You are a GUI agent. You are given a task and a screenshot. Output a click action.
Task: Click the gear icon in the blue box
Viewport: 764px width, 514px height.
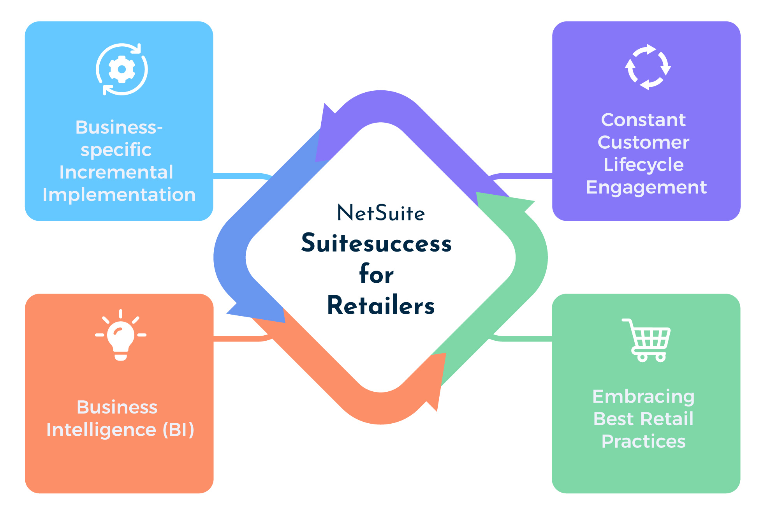pos(122,69)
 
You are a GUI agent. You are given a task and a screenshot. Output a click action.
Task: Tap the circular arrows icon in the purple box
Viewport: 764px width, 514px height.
pos(648,67)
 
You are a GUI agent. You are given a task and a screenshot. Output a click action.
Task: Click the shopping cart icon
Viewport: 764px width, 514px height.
pos(647,340)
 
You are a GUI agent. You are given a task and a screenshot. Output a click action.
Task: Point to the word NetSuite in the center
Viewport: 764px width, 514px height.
pos(381,213)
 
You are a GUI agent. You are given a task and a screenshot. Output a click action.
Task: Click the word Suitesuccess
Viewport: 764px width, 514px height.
pos(376,243)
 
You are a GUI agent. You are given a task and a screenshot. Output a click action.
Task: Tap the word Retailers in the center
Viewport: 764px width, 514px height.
pos(381,305)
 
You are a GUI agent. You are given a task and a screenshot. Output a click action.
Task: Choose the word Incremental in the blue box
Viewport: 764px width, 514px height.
pos(116,172)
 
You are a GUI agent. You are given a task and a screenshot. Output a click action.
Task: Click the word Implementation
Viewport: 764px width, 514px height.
pos(119,195)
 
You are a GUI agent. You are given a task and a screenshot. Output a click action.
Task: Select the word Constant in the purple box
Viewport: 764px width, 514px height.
pos(643,120)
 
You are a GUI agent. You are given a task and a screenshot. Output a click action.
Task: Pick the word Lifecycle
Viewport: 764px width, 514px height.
pos(643,165)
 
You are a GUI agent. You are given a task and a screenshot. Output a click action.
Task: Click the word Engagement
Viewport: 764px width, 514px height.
pos(646,187)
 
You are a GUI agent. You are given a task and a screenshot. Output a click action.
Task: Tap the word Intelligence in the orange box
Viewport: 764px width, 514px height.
pos(101,430)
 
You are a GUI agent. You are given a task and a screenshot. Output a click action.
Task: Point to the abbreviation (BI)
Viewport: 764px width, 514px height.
pos(178,430)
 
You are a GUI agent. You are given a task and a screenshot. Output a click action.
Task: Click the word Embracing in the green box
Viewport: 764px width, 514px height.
pos(643,396)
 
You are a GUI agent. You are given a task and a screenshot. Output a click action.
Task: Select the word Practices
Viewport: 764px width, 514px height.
pos(643,442)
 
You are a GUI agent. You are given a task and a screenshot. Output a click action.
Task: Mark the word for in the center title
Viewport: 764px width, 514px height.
pos(376,274)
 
